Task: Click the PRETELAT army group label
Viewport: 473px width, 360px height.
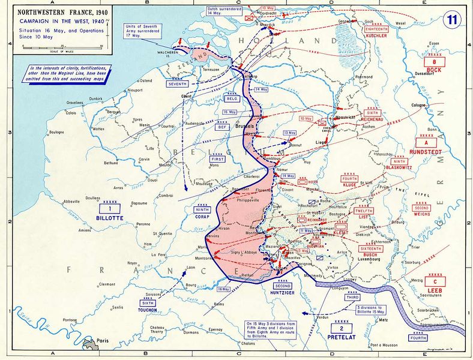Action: click(342, 337)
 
